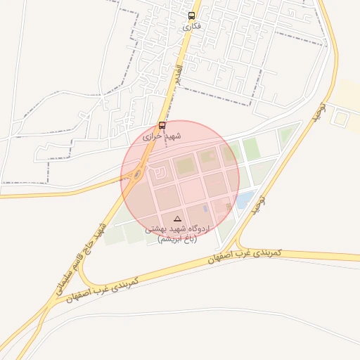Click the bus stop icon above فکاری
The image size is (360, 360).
click(x=191, y=15)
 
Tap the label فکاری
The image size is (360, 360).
click(x=191, y=26)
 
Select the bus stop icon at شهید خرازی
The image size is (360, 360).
click(x=162, y=125)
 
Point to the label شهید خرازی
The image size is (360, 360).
click(x=162, y=136)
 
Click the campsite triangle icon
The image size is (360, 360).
click(x=177, y=219)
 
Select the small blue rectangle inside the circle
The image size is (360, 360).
click(x=205, y=208)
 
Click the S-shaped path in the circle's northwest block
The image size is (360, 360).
click(x=160, y=169)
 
